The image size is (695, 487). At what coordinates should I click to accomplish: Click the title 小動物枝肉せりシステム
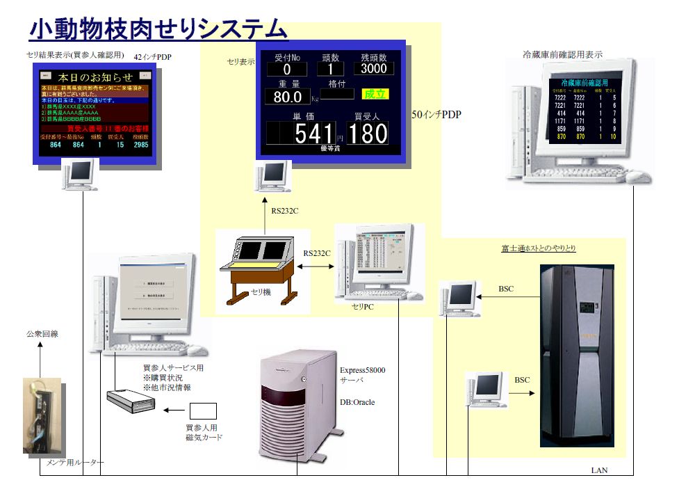tap(158, 29)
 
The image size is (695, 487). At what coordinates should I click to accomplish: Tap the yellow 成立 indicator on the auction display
tap(375, 93)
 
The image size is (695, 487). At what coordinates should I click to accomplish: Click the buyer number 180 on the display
tap(367, 133)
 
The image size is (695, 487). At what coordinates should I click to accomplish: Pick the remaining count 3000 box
tap(374, 69)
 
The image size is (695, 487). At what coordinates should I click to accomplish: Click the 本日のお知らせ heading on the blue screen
tap(95, 77)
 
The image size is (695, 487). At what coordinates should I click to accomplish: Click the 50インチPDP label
tap(436, 114)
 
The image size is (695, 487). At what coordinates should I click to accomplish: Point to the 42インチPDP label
tap(153, 56)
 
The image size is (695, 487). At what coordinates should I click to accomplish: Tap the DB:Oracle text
tap(357, 402)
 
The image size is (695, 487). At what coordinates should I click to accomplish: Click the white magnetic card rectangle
tap(203, 411)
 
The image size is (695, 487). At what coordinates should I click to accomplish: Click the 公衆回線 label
tap(42, 334)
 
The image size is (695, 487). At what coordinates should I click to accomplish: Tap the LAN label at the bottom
tap(599, 471)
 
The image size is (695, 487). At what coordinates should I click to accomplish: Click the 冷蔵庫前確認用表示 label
tap(562, 54)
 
